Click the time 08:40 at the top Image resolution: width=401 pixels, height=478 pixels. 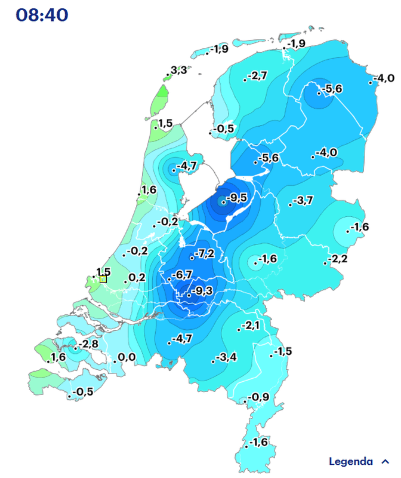(x=42, y=16)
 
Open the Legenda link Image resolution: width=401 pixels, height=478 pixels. (x=351, y=461)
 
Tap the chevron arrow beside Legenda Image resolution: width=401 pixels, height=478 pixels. (x=385, y=461)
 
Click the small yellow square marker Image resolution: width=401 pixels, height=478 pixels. (x=103, y=279)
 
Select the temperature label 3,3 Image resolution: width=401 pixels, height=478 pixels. (x=178, y=71)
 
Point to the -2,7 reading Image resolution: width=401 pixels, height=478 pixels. (x=258, y=75)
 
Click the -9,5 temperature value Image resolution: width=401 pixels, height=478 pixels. (x=236, y=198)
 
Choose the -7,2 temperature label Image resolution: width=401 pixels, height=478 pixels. (x=204, y=254)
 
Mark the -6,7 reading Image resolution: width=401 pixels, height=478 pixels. (x=181, y=275)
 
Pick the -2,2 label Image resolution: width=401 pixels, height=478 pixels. (x=337, y=259)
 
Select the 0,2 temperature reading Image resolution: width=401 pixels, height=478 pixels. (x=137, y=277)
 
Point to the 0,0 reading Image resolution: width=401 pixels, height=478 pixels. (x=127, y=357)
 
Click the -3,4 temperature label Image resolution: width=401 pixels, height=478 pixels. (x=227, y=357)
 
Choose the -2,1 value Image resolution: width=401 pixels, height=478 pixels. (x=251, y=326)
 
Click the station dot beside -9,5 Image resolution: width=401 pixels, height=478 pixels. (x=224, y=202)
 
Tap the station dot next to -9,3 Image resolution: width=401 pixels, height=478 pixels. (x=189, y=295)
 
